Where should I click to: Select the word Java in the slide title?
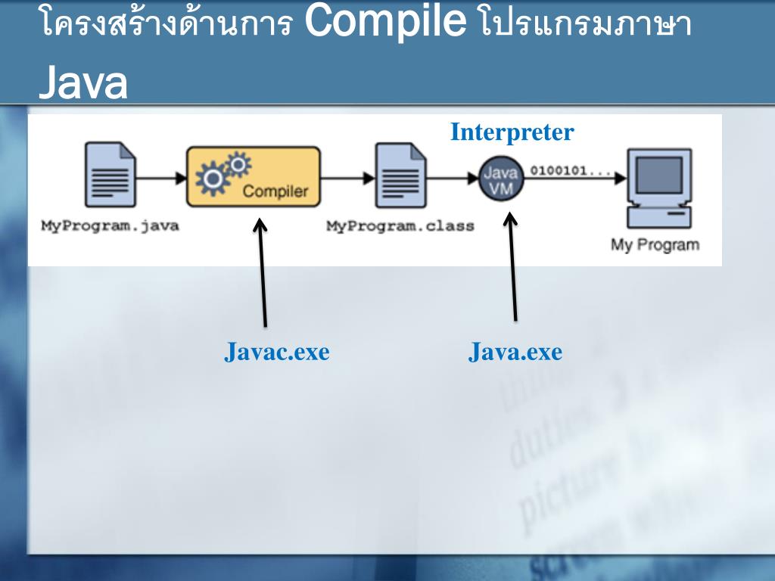coord(82,84)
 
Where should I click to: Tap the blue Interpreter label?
coord(512,132)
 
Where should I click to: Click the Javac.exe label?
coord(277,352)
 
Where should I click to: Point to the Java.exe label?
coord(515,352)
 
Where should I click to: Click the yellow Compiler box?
coord(253,178)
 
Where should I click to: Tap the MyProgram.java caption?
coord(110,225)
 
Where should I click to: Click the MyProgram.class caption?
coord(400,225)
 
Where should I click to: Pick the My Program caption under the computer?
coord(655,244)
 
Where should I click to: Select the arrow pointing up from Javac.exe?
coord(263,272)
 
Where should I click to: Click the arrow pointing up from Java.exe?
coord(512,265)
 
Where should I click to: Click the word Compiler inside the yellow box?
coord(275,191)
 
